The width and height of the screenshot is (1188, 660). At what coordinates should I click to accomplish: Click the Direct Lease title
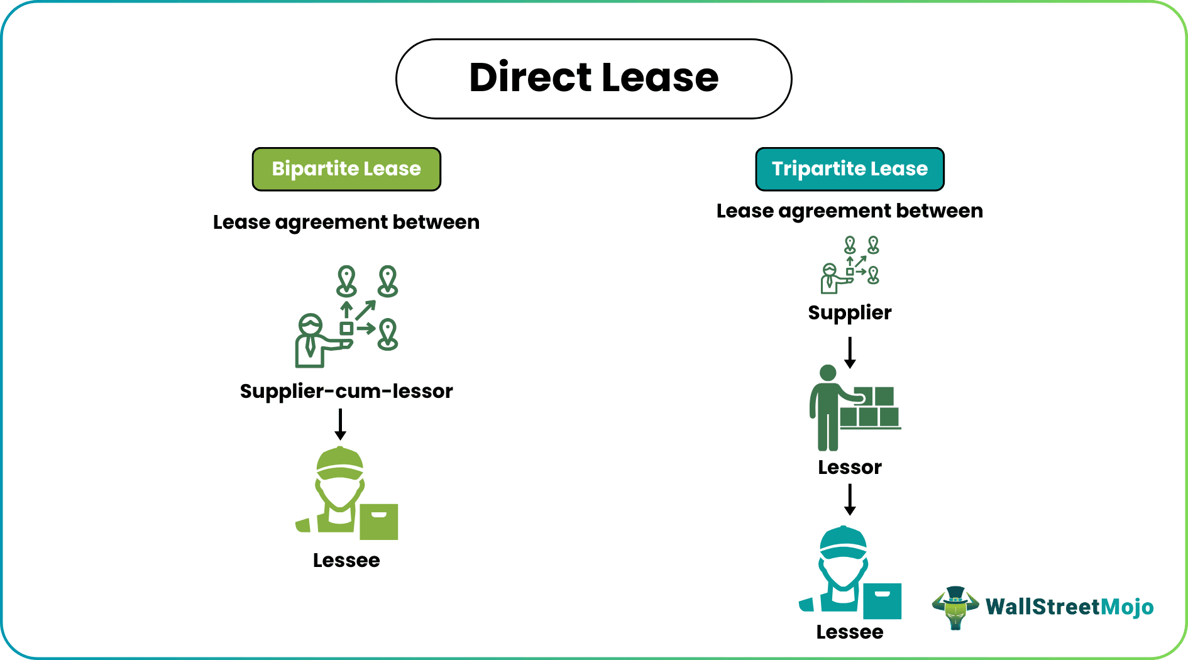(593, 78)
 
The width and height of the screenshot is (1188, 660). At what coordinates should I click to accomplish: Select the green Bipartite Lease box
(346, 169)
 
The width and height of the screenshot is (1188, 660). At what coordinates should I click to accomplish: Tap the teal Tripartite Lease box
(849, 169)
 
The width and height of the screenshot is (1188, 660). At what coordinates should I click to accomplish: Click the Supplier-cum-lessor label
(346, 391)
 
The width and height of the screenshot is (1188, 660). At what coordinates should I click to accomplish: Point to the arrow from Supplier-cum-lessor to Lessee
(340, 425)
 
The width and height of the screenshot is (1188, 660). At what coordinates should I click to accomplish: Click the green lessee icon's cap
(340, 463)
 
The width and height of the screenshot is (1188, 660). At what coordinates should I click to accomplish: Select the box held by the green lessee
(378, 522)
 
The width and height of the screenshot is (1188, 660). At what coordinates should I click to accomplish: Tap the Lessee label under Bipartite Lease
(346, 560)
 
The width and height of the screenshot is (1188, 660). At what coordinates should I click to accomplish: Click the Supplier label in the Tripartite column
(849, 312)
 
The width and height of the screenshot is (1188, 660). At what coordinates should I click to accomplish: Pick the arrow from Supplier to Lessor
(850, 353)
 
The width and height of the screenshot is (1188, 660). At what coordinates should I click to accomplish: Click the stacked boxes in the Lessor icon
(870, 408)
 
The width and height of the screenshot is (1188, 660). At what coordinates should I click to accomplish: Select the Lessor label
(849, 467)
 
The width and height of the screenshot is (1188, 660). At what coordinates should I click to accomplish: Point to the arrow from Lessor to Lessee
(850, 500)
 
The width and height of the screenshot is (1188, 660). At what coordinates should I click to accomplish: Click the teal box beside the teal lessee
(882, 601)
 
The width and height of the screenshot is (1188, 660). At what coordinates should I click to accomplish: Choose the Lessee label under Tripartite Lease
(849, 632)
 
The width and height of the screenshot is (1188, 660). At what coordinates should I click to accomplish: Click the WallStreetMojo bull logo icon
(955, 607)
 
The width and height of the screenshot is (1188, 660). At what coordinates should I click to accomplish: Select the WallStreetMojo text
(1069, 607)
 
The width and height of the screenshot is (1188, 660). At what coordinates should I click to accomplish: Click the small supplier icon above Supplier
(850, 265)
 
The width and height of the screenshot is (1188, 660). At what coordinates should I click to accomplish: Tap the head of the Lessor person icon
(828, 373)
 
